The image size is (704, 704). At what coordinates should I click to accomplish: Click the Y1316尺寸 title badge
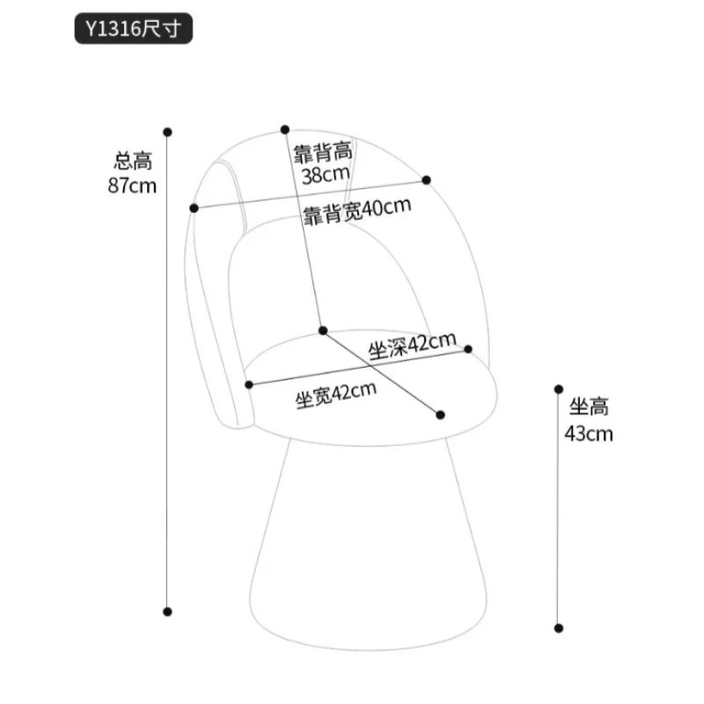(x=134, y=28)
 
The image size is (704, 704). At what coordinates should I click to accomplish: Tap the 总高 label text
(x=133, y=161)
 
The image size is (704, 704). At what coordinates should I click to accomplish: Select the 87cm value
(x=132, y=186)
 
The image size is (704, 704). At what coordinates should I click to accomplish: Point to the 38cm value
(x=326, y=174)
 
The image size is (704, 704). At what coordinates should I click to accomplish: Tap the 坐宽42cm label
(x=336, y=395)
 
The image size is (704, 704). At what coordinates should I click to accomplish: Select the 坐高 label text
(x=589, y=407)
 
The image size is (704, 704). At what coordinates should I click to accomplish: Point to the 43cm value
(x=589, y=434)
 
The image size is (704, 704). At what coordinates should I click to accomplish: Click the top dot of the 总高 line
(x=167, y=132)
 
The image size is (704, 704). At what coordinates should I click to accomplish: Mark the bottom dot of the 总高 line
(x=167, y=612)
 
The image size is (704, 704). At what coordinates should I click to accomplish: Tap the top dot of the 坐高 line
(x=559, y=389)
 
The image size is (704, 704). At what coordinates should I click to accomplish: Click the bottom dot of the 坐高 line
(x=559, y=628)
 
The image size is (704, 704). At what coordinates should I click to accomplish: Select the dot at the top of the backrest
(x=284, y=129)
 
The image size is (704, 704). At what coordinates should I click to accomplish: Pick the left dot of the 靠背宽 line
(x=194, y=208)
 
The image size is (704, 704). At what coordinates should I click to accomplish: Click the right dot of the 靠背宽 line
(x=426, y=180)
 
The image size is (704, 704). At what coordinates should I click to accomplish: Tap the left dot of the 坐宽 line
(x=249, y=385)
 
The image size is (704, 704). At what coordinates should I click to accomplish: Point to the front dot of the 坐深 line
(x=441, y=414)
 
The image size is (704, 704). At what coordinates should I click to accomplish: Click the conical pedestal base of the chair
(x=368, y=547)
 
